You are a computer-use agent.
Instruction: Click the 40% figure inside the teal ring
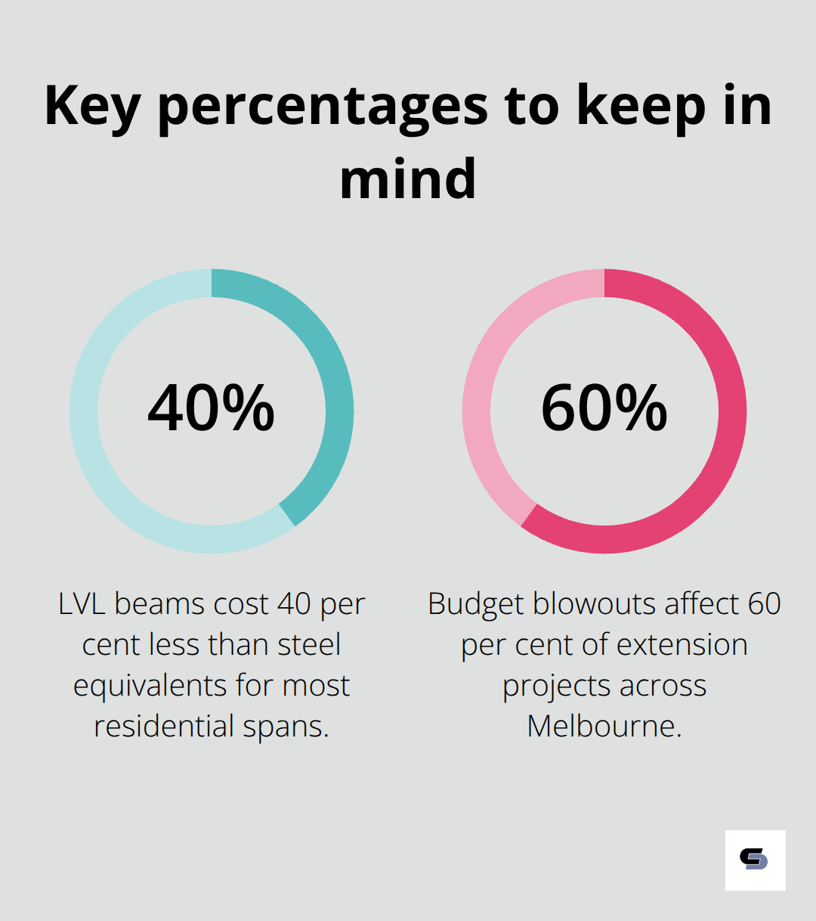212,408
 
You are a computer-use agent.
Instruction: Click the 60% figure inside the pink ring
604,408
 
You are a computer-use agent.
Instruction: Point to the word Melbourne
604,727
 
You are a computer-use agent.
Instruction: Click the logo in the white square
754,860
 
